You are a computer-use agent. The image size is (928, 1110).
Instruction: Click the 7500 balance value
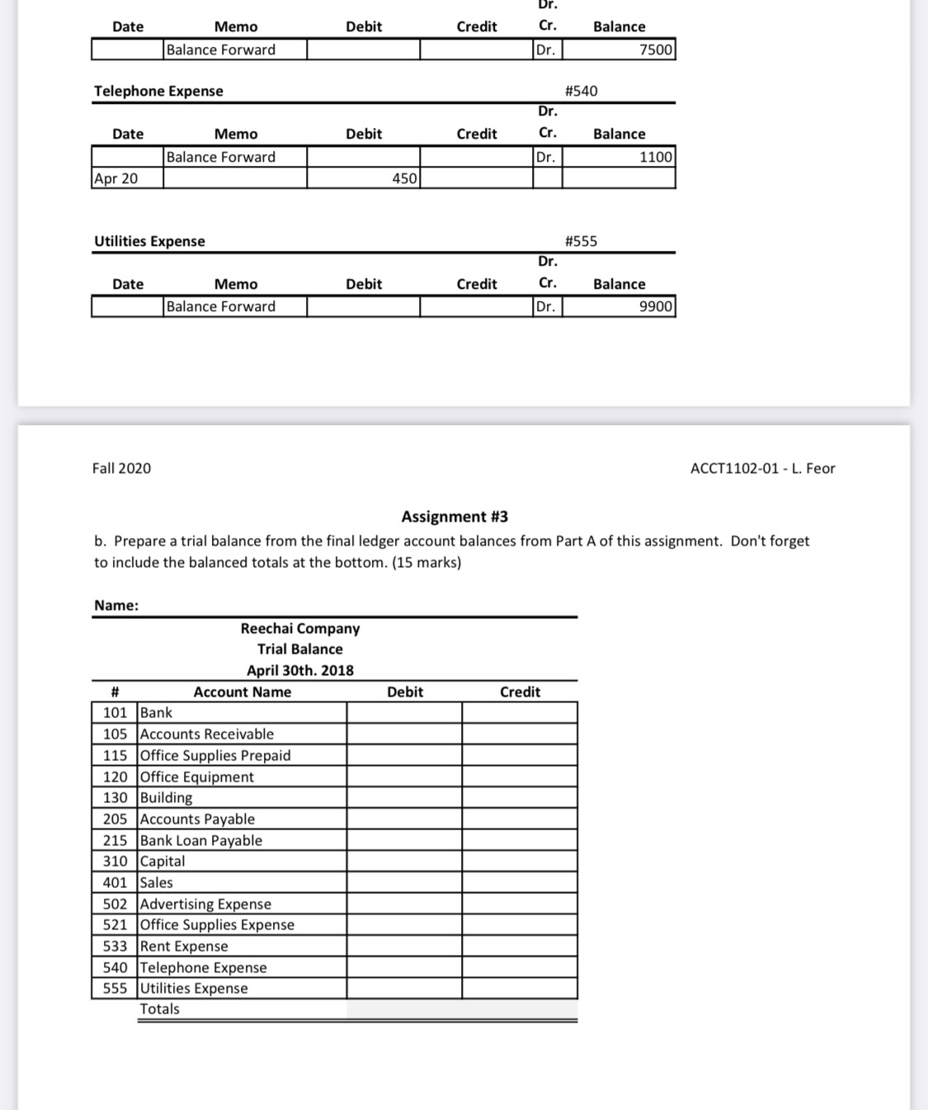pos(656,50)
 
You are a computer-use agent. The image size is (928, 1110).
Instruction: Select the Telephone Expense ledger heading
pos(158,91)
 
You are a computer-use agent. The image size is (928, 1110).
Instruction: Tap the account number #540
pos(581,91)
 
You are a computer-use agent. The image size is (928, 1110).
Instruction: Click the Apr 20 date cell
pos(116,178)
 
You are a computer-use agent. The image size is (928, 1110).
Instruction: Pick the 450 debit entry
pos(403,178)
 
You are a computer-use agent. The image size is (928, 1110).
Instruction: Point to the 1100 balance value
pos(656,157)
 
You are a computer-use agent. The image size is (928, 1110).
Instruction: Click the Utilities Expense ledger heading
pos(149,241)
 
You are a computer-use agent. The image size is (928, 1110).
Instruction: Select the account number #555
pos(581,241)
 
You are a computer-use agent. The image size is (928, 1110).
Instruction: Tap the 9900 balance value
pos(656,306)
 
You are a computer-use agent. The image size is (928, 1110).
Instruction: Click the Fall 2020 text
pos(121,468)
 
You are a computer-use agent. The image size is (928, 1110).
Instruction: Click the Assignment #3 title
pos(455,517)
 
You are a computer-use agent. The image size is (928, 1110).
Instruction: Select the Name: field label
pos(116,605)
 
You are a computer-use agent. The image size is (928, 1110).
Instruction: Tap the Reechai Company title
pos(300,628)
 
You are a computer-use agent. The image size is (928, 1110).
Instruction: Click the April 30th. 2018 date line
pos(300,670)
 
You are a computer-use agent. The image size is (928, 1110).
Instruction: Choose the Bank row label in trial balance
pos(157,712)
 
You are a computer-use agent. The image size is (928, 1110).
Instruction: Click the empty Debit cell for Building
pos(404,797)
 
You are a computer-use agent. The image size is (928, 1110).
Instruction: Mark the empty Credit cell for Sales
pos(520,882)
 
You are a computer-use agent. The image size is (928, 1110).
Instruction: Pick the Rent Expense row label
pos(184,946)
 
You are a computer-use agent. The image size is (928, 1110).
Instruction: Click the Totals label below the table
pos(159,1008)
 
